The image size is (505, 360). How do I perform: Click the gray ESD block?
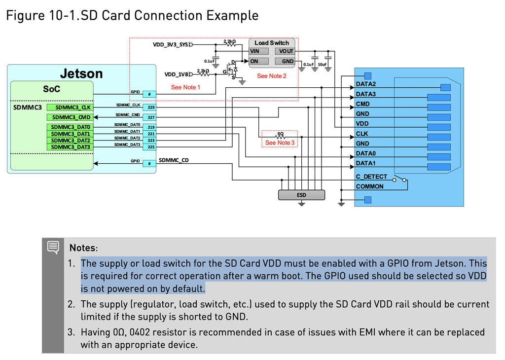(x=301, y=195)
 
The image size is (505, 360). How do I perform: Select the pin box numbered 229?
(x=150, y=107)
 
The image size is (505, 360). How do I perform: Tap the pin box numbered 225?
(x=150, y=147)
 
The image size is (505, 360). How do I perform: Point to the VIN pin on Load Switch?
(x=259, y=51)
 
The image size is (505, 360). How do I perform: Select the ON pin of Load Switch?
(x=259, y=61)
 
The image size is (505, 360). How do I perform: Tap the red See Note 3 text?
(x=280, y=143)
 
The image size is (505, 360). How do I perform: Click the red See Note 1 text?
(x=185, y=87)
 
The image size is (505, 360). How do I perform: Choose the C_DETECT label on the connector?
(x=371, y=177)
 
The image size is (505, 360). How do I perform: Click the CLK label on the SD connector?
(x=362, y=134)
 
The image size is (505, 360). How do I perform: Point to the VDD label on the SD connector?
(x=362, y=124)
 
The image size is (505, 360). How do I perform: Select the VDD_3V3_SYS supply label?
(x=170, y=45)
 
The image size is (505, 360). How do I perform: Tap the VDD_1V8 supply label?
(x=177, y=74)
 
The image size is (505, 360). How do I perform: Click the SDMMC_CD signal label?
(x=174, y=160)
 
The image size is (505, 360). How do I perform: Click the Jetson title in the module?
(x=81, y=74)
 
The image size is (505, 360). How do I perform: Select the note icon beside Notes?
(x=53, y=247)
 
